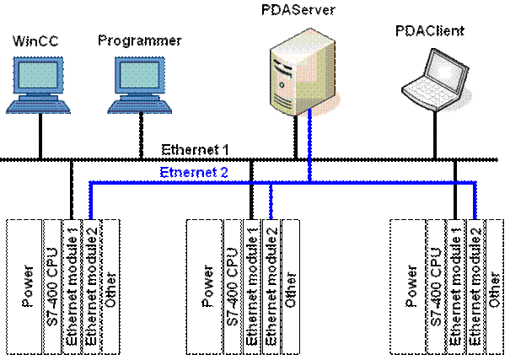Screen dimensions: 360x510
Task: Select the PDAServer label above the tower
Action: click(300, 9)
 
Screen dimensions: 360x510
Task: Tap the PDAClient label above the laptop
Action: click(432, 30)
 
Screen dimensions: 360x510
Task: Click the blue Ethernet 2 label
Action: click(195, 171)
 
